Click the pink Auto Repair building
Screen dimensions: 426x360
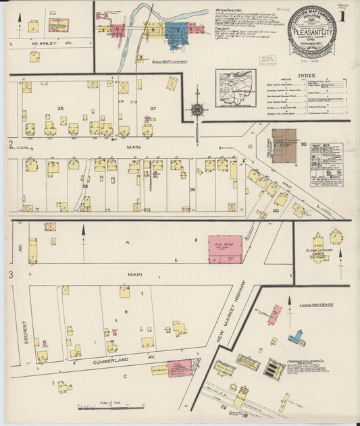[224, 249]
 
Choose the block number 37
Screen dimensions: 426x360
[153, 108]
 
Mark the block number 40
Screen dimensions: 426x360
[276, 211]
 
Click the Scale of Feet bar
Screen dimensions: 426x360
[101, 408]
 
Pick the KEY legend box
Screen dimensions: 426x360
[326, 164]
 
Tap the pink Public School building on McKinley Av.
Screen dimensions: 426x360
[59, 26]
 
